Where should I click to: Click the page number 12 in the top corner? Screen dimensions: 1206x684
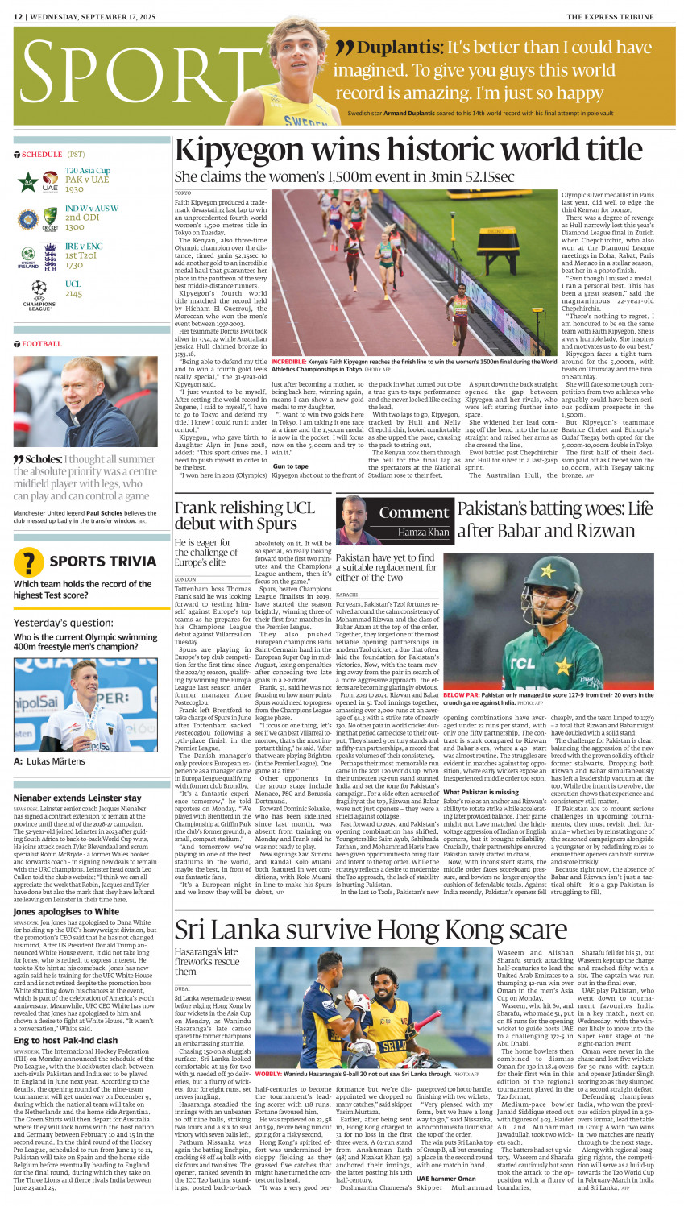pyautogui.click(x=18, y=16)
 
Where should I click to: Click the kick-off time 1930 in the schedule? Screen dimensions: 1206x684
pyautogui.click(x=74, y=189)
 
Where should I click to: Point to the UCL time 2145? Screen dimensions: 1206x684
pyautogui.click(x=74, y=294)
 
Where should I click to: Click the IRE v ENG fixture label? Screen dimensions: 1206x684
pyautogui.click(x=84, y=246)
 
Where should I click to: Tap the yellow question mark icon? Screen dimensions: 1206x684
pyautogui.click(x=29, y=562)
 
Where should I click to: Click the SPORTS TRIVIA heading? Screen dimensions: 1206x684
pyautogui.click(x=102, y=562)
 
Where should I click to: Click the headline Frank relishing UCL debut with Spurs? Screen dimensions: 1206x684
pyautogui.click(x=245, y=516)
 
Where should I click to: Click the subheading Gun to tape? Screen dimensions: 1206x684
pyautogui.click(x=290, y=466)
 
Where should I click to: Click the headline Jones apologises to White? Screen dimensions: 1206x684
pyautogui.click(x=66, y=911)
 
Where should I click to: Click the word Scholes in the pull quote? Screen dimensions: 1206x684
pyautogui.click(x=44, y=459)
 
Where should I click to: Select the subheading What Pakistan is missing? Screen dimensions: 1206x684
pyautogui.click(x=481, y=792)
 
